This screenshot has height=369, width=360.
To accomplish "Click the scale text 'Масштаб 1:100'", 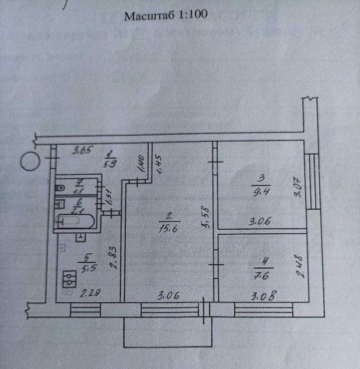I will (165, 16).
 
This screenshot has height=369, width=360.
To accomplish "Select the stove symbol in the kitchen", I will (70, 279).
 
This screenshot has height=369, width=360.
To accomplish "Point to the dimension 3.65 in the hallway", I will (81, 151).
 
